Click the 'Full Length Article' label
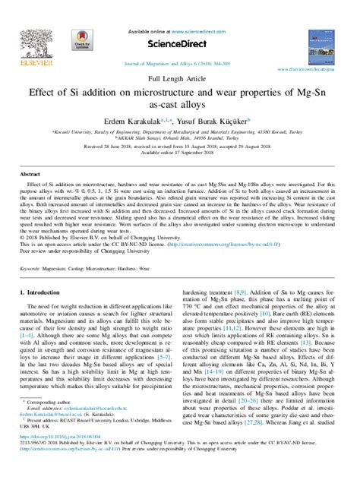(x=180, y=78)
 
